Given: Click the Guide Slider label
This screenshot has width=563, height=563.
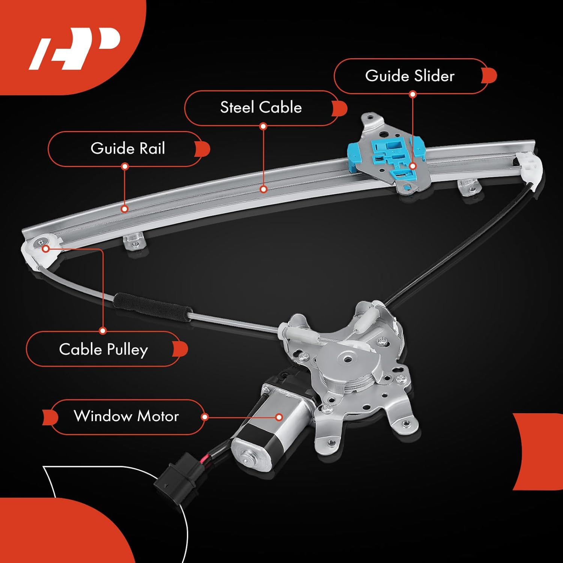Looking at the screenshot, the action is [x=409, y=76].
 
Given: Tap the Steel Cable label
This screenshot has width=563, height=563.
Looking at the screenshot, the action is [x=261, y=107].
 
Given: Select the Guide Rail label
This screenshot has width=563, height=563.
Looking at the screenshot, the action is [x=128, y=149].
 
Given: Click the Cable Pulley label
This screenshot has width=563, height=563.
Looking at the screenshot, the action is [x=103, y=349].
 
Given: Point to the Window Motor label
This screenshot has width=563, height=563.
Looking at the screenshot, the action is [x=126, y=416].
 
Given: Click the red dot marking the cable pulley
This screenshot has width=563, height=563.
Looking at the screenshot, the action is [x=45, y=248].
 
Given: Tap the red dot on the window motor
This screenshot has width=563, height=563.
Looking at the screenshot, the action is [x=279, y=417].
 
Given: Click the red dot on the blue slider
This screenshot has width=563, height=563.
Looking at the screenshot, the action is [x=413, y=166].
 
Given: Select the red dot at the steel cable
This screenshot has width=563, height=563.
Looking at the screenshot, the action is [x=263, y=189].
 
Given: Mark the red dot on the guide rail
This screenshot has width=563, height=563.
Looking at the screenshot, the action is [x=125, y=209].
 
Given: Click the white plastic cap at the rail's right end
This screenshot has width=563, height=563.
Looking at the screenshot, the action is [x=531, y=169].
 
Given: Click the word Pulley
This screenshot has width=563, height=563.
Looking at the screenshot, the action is [x=127, y=350].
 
